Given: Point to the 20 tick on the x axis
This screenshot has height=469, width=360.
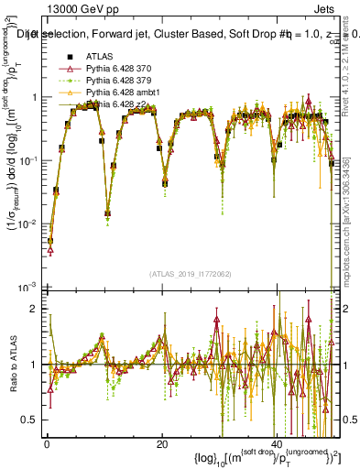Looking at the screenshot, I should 162,444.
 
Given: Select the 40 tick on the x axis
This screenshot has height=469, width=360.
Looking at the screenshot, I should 278,444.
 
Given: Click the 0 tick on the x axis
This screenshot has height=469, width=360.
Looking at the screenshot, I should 46,444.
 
